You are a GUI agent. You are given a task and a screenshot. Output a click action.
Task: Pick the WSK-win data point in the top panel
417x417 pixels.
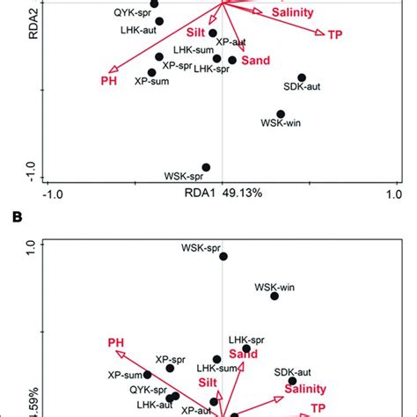pyautogui.click(x=281, y=113)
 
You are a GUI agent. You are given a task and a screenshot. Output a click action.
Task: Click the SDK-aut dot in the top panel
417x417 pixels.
pyautogui.click(x=302, y=78)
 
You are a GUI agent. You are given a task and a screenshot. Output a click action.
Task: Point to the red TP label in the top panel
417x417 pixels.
pyautogui.click(x=335, y=34)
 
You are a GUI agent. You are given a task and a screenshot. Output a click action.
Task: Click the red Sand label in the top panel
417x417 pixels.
pyautogui.click(x=256, y=61)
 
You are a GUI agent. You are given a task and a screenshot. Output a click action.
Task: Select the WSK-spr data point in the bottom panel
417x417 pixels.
pyautogui.click(x=223, y=256)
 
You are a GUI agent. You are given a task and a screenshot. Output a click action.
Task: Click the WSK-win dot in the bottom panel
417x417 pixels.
pyautogui.click(x=274, y=296)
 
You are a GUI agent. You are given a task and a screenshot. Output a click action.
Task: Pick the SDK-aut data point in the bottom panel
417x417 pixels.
pyautogui.click(x=292, y=381)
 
